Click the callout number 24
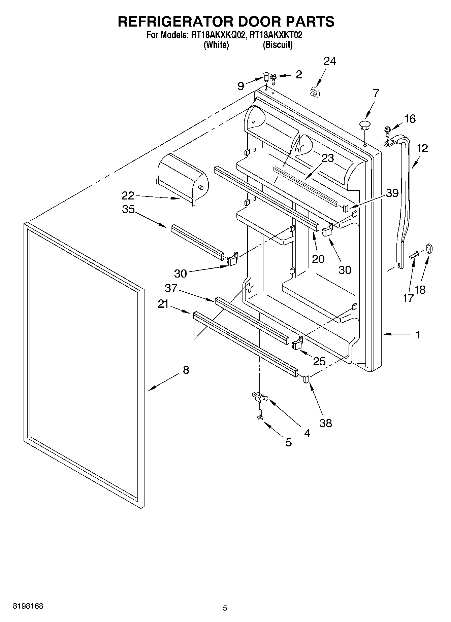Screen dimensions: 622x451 click(330, 61)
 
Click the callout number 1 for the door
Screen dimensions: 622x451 click(418, 334)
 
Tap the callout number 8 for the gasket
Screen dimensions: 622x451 click(186, 370)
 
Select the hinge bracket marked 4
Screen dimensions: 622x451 click(260, 397)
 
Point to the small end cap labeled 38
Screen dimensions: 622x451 click(306, 379)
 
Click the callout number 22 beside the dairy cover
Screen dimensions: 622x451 click(128, 195)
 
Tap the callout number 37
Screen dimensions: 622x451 click(171, 288)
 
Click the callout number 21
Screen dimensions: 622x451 click(163, 304)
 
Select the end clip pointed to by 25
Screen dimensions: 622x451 click(297, 343)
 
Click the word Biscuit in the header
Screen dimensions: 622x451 click(278, 45)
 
